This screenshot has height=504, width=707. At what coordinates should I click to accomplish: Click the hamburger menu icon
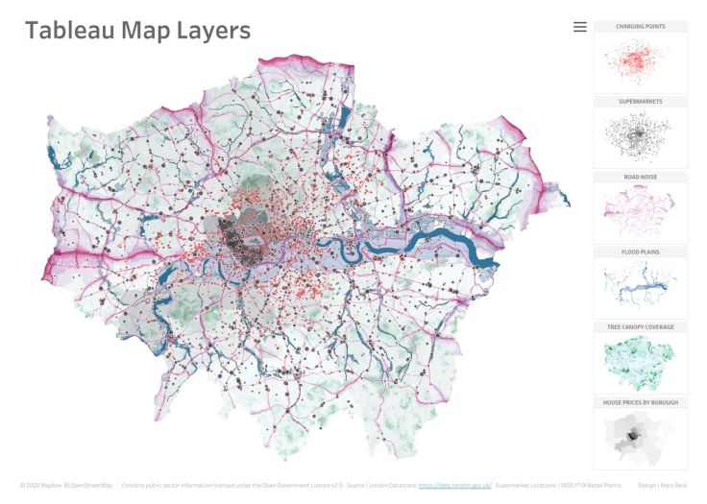(x=579, y=27)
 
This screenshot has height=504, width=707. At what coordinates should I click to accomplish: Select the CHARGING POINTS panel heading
(x=640, y=26)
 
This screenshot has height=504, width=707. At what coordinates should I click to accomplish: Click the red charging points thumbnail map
(x=640, y=62)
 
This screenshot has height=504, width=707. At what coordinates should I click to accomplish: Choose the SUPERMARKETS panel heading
(x=640, y=101)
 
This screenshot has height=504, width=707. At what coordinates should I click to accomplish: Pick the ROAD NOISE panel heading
(x=640, y=177)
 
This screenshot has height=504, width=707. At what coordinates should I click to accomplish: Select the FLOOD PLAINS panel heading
(x=640, y=252)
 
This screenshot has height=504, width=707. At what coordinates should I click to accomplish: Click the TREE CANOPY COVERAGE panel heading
(x=640, y=327)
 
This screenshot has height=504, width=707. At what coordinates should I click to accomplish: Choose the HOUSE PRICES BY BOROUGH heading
(x=640, y=402)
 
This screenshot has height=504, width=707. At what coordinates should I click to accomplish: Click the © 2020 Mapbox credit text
(x=40, y=486)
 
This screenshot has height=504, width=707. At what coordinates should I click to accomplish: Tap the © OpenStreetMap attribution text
(x=88, y=486)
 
